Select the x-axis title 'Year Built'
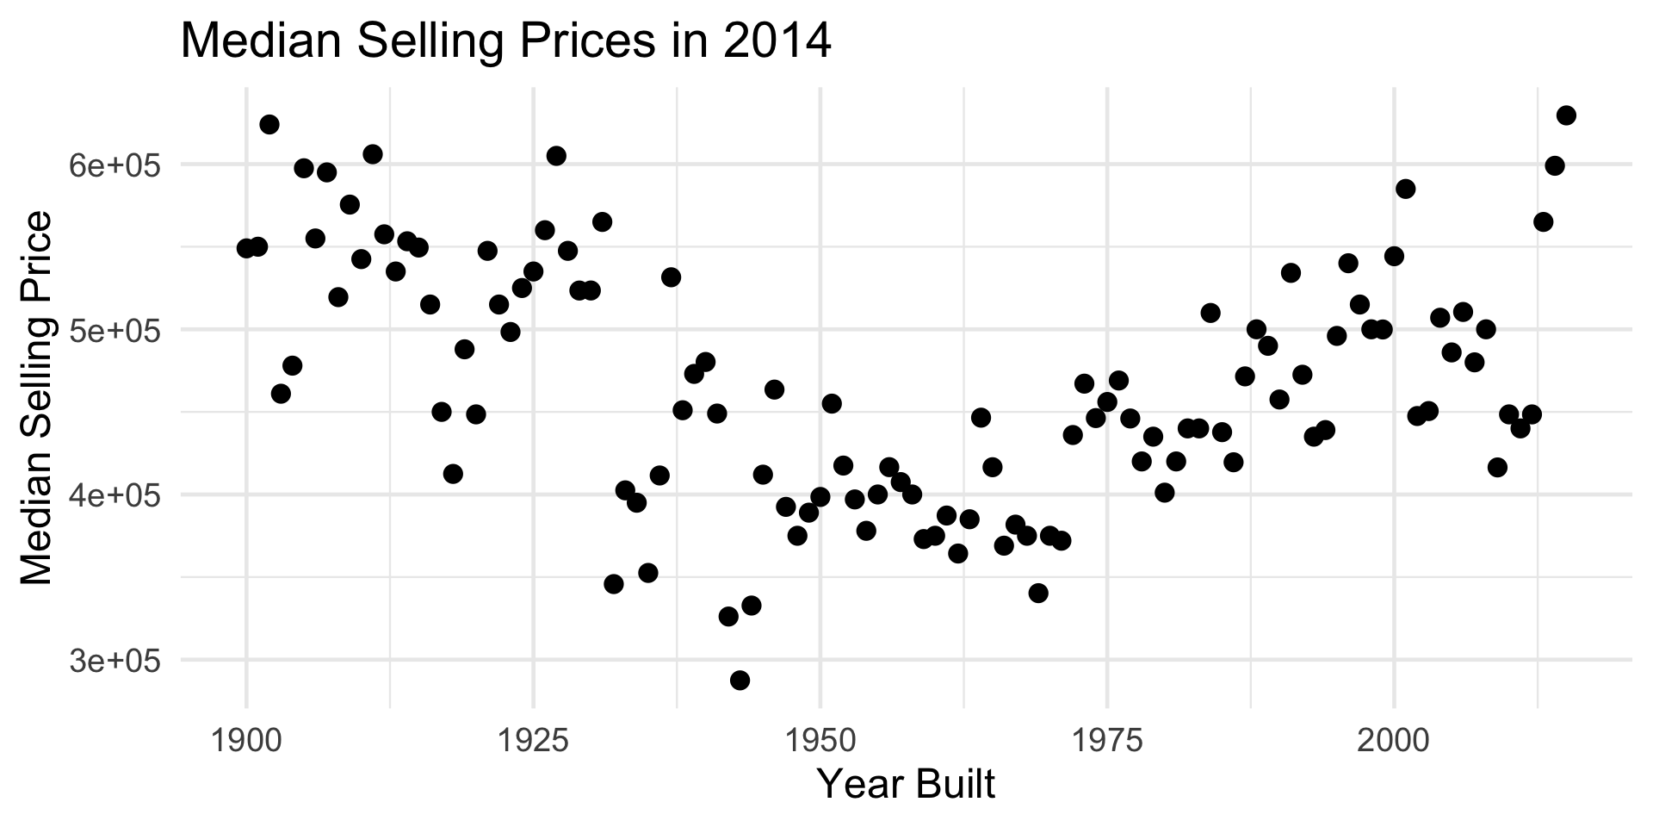[x=905, y=784]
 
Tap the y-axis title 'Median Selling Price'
[x=36, y=398]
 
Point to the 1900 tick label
[x=246, y=741]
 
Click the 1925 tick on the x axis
[x=533, y=741]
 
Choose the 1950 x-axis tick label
[x=820, y=741]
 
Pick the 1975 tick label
[x=1106, y=741]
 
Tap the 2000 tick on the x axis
[x=1393, y=741]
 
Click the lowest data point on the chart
[x=740, y=681]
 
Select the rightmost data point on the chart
[x=1566, y=115]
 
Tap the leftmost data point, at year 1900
[x=246, y=248]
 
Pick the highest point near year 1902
[x=269, y=124]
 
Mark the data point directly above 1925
[x=533, y=271]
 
